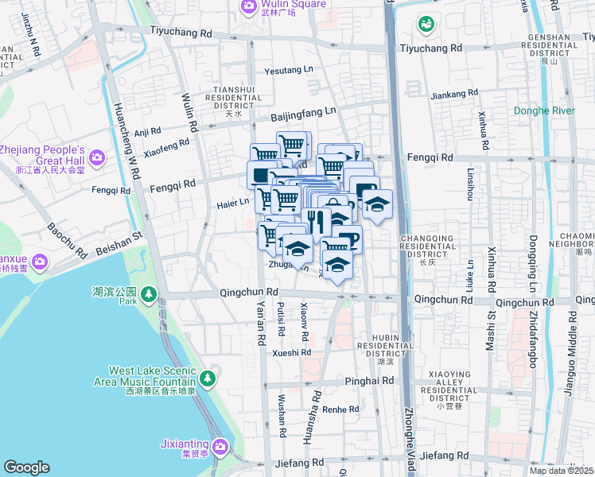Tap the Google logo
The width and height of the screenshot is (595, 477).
(x=27, y=467)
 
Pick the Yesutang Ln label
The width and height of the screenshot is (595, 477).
(x=290, y=70)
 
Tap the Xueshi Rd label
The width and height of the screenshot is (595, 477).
(x=291, y=352)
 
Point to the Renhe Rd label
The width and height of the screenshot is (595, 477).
(x=341, y=409)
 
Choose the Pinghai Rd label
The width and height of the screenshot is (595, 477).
(x=370, y=382)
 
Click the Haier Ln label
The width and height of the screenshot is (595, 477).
(x=233, y=203)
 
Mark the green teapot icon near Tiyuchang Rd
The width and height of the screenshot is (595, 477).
(x=426, y=25)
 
